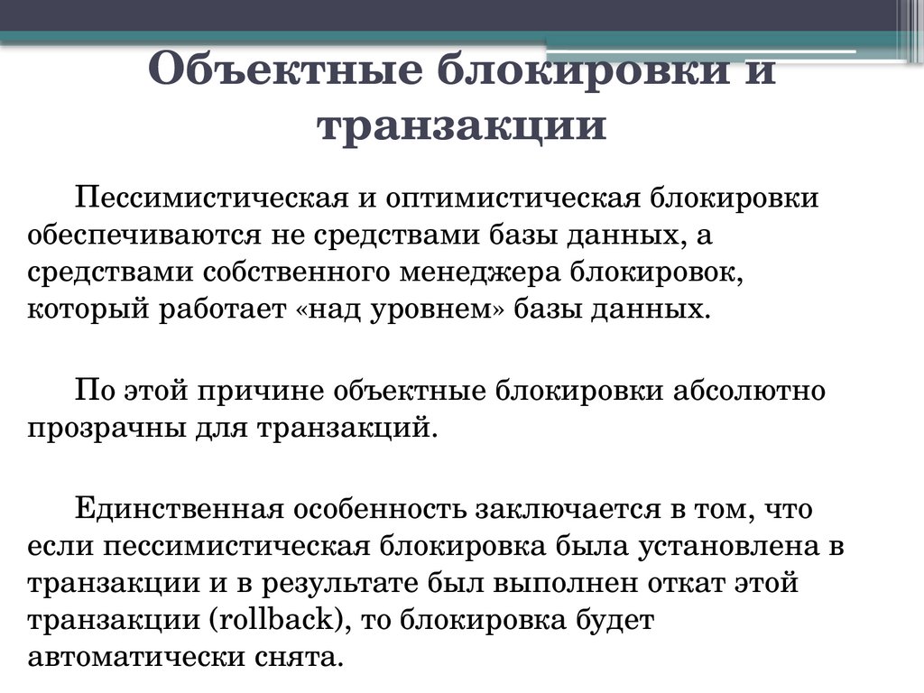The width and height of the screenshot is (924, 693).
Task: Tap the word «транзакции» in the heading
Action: click(461, 125)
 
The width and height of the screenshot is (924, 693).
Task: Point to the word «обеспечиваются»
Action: click(142, 236)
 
